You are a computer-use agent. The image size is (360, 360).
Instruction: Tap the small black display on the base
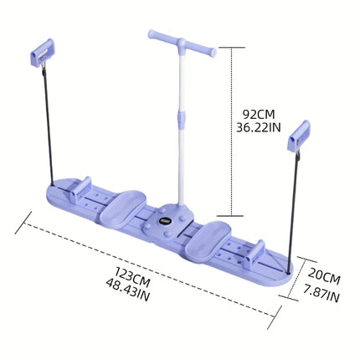(167, 219)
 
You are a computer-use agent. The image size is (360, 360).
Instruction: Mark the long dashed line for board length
(151, 269)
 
